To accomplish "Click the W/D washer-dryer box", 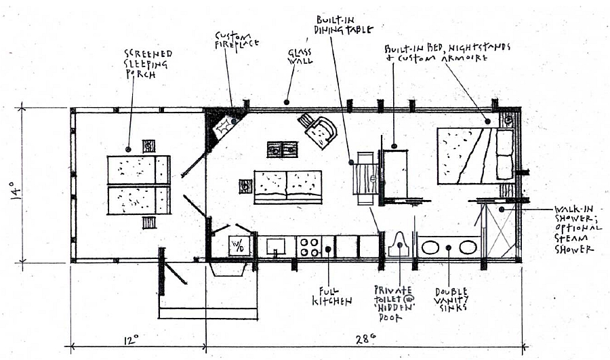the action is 239,245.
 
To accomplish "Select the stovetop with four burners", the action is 309,247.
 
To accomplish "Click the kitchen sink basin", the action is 275,246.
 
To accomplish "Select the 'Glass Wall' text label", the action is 300,57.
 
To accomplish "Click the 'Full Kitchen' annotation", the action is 331,296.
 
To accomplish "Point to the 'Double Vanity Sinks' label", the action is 451,299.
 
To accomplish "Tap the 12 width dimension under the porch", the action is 131,340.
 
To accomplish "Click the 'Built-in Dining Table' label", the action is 345,24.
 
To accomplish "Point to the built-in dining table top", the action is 366,178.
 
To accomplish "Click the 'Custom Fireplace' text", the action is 237,40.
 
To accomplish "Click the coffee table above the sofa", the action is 283,149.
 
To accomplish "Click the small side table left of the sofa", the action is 245,186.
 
